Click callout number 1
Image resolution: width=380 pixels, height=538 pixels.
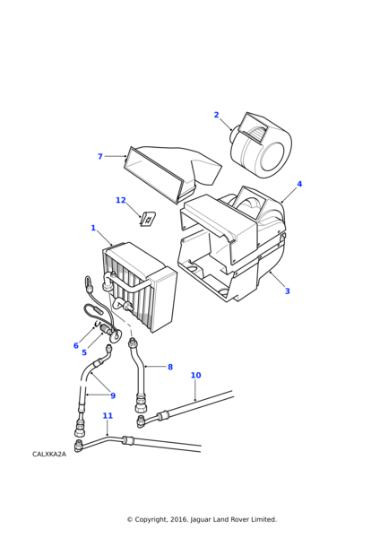(93, 228)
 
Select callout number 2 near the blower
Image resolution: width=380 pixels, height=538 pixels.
(216, 115)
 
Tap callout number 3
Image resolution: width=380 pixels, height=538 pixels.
(288, 291)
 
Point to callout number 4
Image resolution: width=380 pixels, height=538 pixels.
(299, 184)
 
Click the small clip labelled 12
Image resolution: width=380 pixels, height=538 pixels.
(148, 219)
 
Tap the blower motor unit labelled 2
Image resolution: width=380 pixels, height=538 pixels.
(260, 145)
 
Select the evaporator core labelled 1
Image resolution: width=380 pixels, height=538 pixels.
(140, 287)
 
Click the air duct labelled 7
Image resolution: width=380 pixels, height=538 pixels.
(172, 173)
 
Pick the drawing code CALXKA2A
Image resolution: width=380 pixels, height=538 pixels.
(49, 455)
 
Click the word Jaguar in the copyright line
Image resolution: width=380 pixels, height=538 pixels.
(201, 519)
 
